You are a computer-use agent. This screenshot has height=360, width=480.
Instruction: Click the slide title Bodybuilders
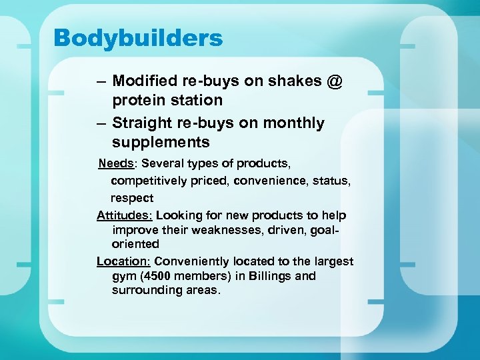pos(138,38)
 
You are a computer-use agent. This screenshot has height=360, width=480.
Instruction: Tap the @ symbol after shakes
pos(335,81)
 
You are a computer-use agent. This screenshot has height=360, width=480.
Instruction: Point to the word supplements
pos(161,142)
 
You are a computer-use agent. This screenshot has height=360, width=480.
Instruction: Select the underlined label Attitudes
pos(125,215)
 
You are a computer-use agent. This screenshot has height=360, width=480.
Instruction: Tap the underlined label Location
pos(123,261)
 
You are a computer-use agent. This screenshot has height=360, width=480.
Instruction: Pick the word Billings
pos(271,276)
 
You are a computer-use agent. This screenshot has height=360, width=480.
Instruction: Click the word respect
pos(132,198)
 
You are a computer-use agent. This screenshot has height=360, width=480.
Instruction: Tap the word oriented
pos(135,244)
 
